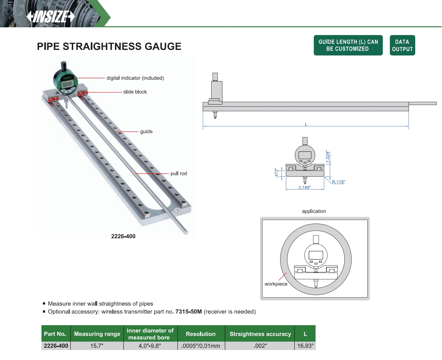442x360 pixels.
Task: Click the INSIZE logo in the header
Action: point(51,16)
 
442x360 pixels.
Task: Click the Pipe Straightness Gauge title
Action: point(109,46)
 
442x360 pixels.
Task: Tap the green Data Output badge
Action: point(402,45)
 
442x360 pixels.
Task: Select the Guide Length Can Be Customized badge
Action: point(348,45)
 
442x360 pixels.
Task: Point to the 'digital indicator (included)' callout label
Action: point(135,78)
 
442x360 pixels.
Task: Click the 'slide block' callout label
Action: point(135,92)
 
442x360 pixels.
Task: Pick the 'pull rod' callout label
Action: point(179,173)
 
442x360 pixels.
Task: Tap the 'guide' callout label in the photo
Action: point(146,132)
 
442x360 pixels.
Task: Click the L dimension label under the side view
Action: point(306,124)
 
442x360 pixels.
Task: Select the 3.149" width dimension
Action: point(305,187)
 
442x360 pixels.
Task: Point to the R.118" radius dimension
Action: point(338,182)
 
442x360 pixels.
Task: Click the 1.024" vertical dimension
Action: point(328,157)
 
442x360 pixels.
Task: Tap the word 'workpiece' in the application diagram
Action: point(276,284)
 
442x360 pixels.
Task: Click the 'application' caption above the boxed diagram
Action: point(314,211)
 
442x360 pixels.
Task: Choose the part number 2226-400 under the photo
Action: point(123,236)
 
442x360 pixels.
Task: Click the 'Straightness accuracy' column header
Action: point(260,334)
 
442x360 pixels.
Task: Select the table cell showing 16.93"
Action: point(305,346)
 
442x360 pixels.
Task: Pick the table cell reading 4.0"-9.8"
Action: point(150,346)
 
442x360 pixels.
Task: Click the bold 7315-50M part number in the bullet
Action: point(188,312)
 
